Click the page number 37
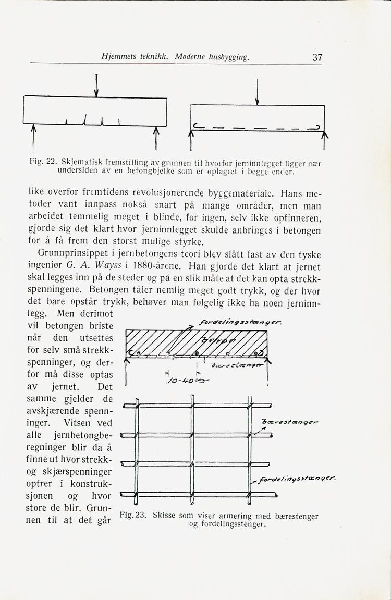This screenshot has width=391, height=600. (x=317, y=57)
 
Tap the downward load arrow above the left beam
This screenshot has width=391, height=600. (x=96, y=85)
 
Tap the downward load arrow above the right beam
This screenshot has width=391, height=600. (x=257, y=92)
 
